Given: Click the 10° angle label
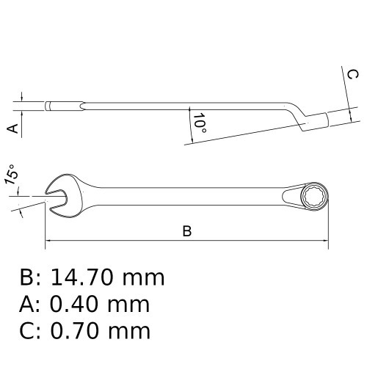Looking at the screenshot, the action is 200,123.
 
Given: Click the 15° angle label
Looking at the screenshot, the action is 11,175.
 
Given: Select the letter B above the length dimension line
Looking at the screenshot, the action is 187,231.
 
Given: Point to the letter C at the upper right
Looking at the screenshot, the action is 353,75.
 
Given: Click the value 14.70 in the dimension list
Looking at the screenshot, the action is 82,277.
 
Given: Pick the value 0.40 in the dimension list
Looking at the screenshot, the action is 75,305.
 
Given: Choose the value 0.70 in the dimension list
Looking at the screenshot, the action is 75,331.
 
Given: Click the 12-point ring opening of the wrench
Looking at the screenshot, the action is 314,196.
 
